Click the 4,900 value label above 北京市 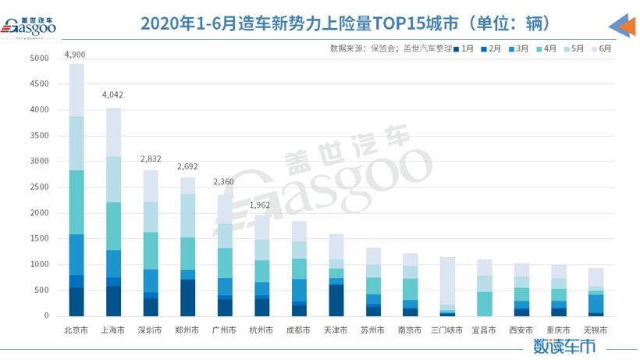coord(76,55)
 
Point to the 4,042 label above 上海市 coord(113,95)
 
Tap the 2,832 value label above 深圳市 coord(151,158)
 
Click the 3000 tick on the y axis coord(41,162)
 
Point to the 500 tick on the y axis coord(44,290)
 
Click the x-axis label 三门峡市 coord(446,330)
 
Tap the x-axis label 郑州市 coord(187,330)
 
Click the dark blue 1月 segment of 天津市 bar coord(336,301)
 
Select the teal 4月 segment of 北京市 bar coord(76,202)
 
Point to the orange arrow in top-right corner coord(622,26)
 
